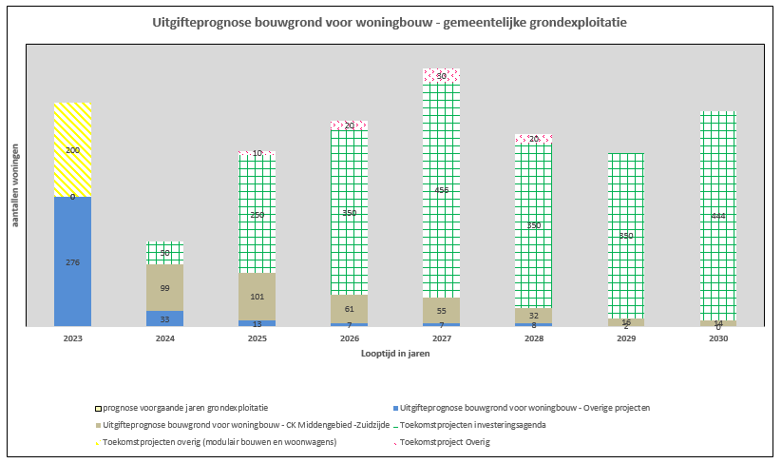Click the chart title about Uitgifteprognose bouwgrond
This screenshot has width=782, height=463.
[x=390, y=21]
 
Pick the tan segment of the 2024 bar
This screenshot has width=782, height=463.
[x=164, y=287]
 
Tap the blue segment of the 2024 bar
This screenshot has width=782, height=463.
[x=164, y=318]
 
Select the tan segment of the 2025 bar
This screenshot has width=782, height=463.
[x=257, y=297]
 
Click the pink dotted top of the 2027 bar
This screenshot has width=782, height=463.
[x=441, y=76]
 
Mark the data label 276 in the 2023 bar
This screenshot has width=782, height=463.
[x=72, y=262]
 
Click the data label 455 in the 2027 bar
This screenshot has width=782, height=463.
[x=441, y=190]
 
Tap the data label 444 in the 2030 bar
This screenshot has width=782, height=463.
[x=717, y=216]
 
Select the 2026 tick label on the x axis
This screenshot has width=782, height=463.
[x=349, y=338]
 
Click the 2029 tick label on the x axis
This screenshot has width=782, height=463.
[x=625, y=338]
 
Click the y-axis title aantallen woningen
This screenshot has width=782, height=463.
[x=16, y=185]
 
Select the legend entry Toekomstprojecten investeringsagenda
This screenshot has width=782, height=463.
[x=472, y=424]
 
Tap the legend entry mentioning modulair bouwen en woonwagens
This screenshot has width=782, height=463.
[x=219, y=441]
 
